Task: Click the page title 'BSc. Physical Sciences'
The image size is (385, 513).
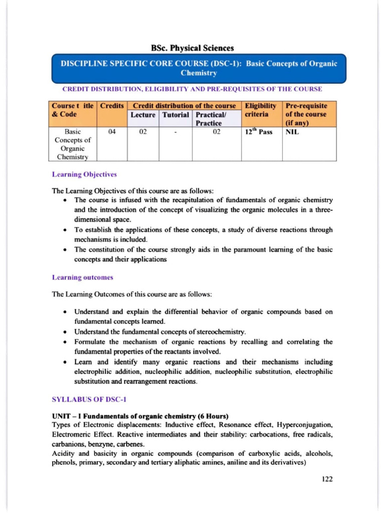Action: pos(192,48)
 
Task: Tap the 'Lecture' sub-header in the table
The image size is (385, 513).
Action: pos(143,115)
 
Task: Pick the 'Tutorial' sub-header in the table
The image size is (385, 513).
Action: pos(175,115)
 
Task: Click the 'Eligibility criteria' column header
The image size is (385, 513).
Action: pos(261,111)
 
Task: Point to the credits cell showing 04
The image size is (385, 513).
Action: pos(112,133)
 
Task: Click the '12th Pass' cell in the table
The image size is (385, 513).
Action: pos(259,133)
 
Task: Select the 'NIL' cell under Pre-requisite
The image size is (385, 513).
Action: pos(292,133)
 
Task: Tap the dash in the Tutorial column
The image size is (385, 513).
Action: pos(175,133)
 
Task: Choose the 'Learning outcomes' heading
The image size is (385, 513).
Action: pos(83,277)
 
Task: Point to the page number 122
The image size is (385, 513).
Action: pos(327,479)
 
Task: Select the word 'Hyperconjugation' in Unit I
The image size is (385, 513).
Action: pos(304,425)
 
